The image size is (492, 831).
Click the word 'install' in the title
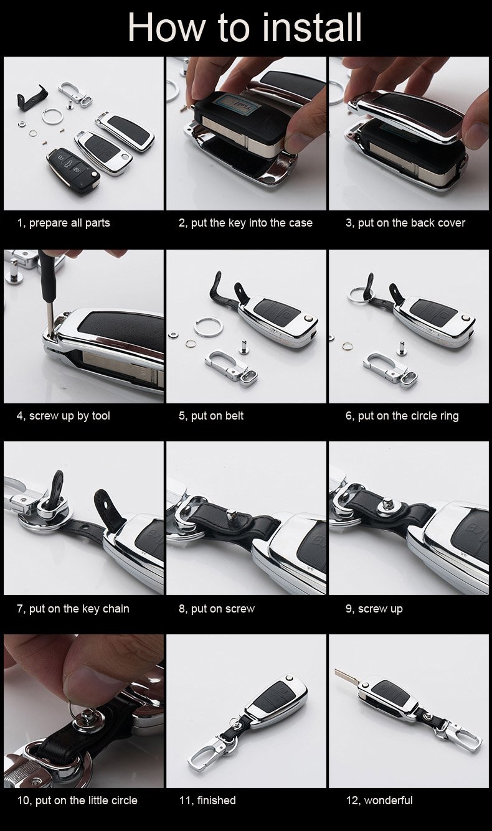point(311,27)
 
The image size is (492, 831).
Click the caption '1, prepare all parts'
point(64,223)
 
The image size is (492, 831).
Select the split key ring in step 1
point(52,116)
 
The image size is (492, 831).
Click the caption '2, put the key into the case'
point(245,223)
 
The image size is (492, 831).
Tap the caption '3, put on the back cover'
point(405,223)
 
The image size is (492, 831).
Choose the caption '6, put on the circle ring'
point(402,416)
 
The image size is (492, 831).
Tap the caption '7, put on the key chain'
point(73,609)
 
